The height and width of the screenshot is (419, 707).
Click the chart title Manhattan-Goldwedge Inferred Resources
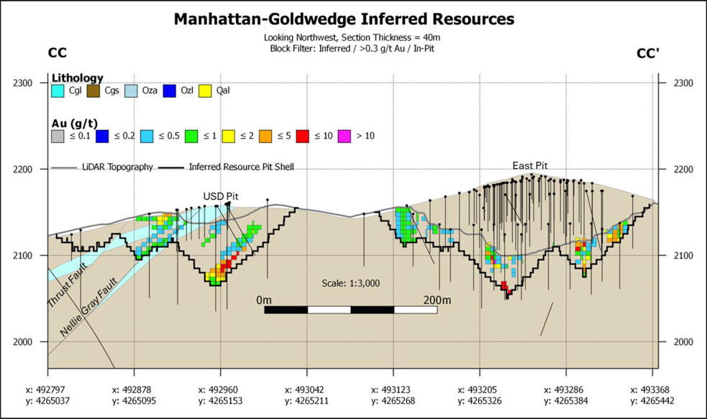tap(344, 19)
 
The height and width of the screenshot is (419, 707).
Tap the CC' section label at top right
tap(647, 54)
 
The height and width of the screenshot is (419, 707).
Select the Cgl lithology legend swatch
tap(58, 91)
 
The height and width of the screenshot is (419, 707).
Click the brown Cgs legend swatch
tap(93, 91)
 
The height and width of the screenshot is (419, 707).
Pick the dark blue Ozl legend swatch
tap(170, 91)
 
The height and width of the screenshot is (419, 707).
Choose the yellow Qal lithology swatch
tap(205, 91)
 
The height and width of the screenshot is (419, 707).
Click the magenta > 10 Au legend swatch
tap(345, 136)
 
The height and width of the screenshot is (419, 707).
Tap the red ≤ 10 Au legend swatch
tap(303, 136)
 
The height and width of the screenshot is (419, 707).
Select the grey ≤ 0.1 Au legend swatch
tap(58, 136)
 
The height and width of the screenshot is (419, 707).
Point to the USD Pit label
tap(221, 196)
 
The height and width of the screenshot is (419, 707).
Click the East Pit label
tap(530, 166)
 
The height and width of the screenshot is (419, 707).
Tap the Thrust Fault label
tap(67, 285)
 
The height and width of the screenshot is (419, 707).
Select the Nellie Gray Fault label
tap(89, 307)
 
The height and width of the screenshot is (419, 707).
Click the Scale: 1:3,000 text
tap(351, 283)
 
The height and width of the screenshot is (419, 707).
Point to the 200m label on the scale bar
tap(437, 300)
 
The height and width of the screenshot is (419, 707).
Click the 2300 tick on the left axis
tap(23, 83)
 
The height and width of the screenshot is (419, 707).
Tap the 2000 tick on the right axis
tap(683, 342)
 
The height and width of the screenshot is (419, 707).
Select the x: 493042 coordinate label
tap(304, 390)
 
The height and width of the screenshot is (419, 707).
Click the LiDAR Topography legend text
tap(117, 167)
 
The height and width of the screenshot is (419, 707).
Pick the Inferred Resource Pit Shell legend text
tap(241, 167)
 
